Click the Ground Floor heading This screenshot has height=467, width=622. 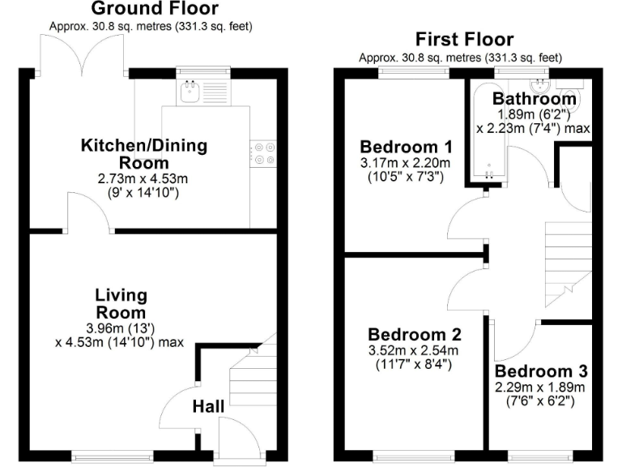click(x=154, y=9)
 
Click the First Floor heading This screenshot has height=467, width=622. click(x=464, y=39)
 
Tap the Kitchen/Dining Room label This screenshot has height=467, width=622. click(x=143, y=154)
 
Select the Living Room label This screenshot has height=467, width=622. click(x=121, y=303)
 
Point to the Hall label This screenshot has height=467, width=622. click(x=208, y=405)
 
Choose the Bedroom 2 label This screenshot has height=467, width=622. click(x=414, y=334)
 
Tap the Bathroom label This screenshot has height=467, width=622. click(x=535, y=99)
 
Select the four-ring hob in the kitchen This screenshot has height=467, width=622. click(x=264, y=153)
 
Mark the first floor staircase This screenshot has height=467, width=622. click(x=567, y=259)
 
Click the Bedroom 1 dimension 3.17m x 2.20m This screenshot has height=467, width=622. click(x=406, y=164)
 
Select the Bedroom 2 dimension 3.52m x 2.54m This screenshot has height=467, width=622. click(x=414, y=350)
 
